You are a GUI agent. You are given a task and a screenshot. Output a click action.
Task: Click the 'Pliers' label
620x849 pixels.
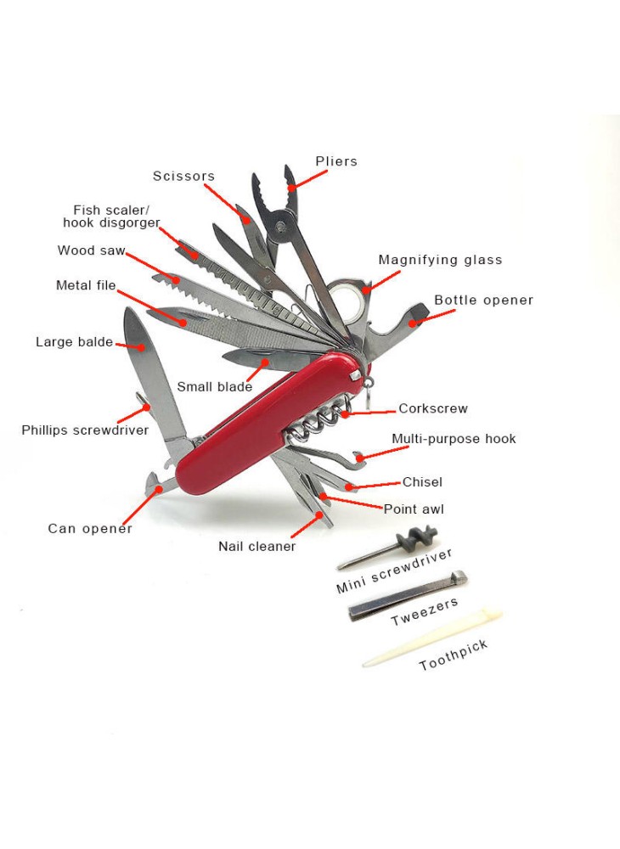(x=336, y=161)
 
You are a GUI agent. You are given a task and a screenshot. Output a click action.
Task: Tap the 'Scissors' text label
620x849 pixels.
(x=183, y=177)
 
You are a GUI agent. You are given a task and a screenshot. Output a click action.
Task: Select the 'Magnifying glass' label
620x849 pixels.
(x=440, y=260)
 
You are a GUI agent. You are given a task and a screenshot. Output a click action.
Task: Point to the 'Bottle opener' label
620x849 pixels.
(x=483, y=301)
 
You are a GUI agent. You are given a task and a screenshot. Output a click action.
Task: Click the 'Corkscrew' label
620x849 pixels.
(x=433, y=408)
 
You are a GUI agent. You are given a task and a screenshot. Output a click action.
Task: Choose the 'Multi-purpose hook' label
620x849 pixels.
(x=454, y=439)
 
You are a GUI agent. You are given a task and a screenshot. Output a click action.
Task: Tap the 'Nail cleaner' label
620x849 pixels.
(x=256, y=547)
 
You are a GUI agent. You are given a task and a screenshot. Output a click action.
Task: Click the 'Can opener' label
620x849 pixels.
(x=90, y=529)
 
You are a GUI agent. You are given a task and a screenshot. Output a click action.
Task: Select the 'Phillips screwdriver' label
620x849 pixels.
(x=85, y=430)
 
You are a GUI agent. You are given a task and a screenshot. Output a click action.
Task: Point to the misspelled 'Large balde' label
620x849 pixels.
(x=74, y=342)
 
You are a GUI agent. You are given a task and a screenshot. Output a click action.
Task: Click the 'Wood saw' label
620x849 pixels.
(x=91, y=250)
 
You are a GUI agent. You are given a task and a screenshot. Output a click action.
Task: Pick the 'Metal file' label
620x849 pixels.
(x=86, y=286)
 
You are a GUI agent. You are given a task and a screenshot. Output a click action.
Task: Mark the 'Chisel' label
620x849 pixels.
(x=422, y=482)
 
